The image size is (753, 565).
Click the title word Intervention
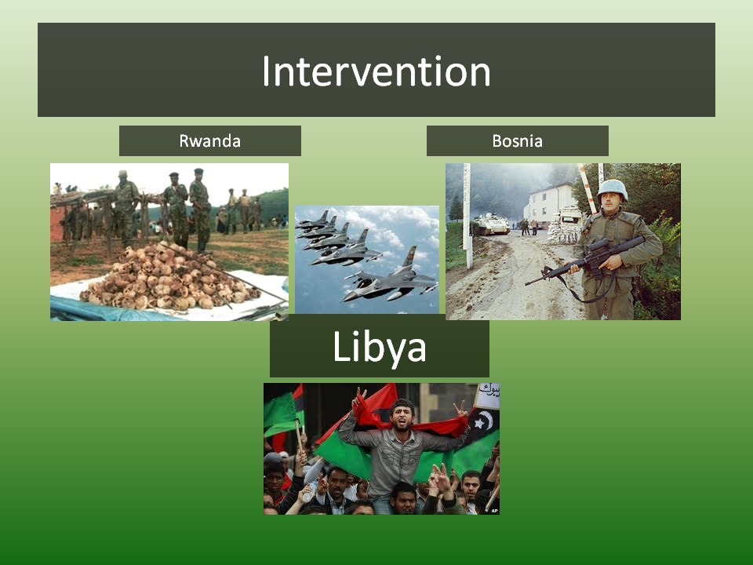[x=376, y=71]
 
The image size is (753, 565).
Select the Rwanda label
[x=210, y=140]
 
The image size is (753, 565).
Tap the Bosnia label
[x=517, y=140]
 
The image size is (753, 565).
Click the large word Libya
[x=380, y=347]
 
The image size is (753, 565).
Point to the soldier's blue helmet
[x=613, y=189]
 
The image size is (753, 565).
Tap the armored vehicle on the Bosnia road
[x=491, y=224]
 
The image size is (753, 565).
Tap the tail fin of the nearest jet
[x=409, y=258]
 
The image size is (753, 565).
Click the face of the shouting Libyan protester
[x=402, y=416]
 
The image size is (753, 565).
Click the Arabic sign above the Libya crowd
[x=487, y=395]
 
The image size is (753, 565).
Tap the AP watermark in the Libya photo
[x=494, y=511]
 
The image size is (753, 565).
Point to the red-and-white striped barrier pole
[x=587, y=188]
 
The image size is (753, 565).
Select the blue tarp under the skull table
[x=96, y=309]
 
